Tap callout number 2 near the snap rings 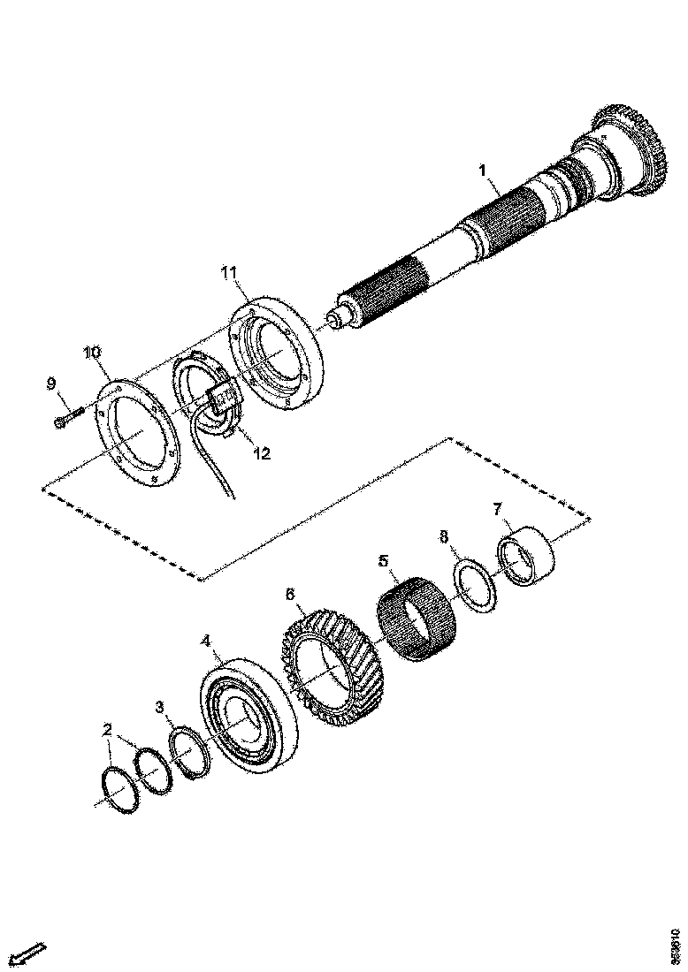(x=107, y=730)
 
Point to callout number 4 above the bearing (x=205, y=639)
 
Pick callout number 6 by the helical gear (x=289, y=595)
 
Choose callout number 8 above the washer (x=444, y=536)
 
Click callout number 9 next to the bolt (x=51, y=383)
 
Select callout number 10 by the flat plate (x=92, y=353)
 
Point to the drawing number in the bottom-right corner (x=676, y=944)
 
